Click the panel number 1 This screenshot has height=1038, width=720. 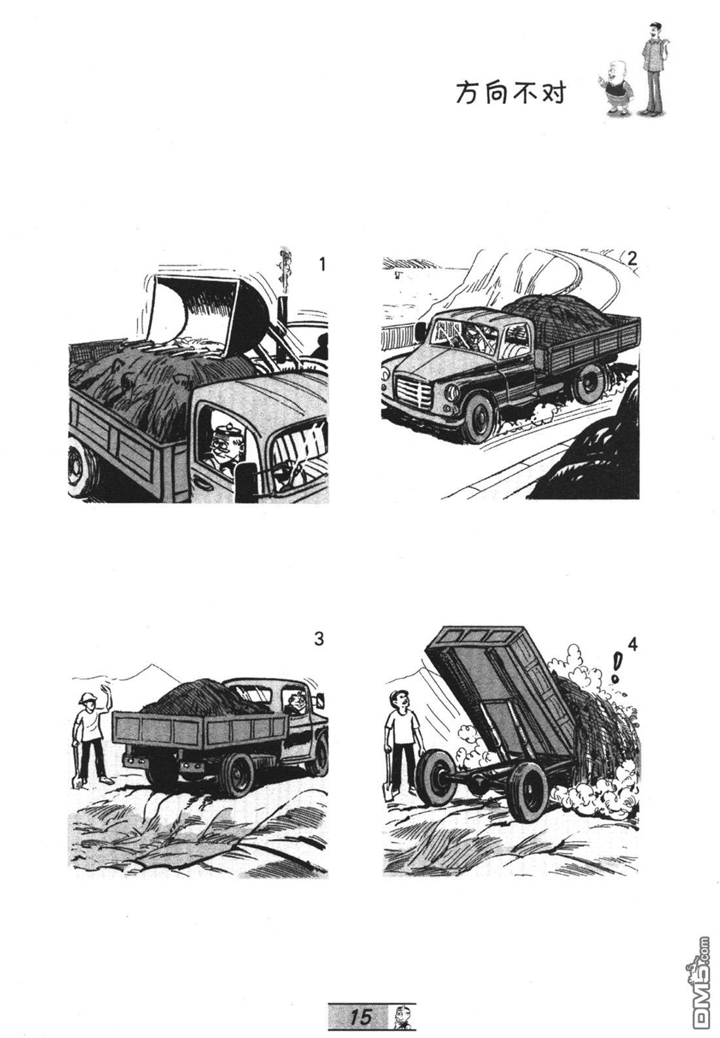(x=322, y=265)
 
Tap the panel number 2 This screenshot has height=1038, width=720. (x=632, y=259)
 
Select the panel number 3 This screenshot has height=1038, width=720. (x=319, y=639)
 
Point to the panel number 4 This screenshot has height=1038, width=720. (x=633, y=644)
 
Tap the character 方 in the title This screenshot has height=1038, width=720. (x=467, y=93)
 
